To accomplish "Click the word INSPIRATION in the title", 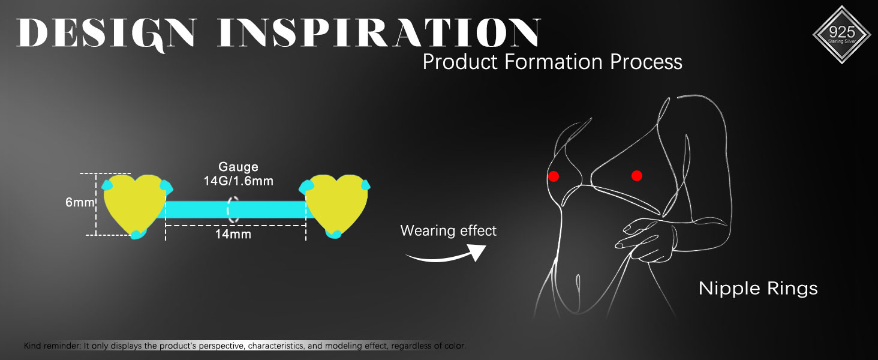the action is click(379, 32).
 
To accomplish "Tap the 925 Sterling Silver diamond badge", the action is click(841, 35).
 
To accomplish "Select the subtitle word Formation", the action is click(554, 62).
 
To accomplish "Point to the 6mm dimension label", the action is click(80, 202).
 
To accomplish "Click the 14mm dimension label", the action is click(233, 235).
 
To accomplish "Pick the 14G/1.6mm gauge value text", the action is click(238, 181).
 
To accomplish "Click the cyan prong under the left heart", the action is click(138, 235).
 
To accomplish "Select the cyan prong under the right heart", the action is click(333, 234).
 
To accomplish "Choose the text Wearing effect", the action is click(449, 230).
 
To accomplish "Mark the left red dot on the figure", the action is click(554, 176).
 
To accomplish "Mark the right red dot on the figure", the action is click(637, 176).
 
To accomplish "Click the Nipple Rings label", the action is click(758, 289).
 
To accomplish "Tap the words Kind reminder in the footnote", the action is click(53, 346).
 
